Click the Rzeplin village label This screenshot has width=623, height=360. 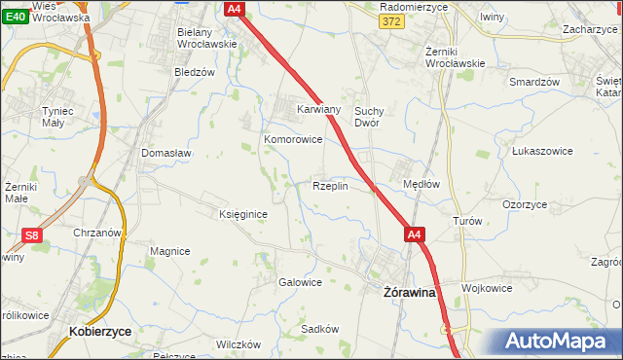click(x=330, y=185)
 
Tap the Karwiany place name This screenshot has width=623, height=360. click(x=318, y=109)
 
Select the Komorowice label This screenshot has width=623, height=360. click(x=293, y=139)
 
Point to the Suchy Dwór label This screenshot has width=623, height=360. click(x=373, y=117)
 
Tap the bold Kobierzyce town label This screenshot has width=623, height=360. click(x=100, y=331)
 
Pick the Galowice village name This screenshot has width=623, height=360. click(x=300, y=282)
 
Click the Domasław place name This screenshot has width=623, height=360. click(x=165, y=153)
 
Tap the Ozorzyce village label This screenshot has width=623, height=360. click(x=525, y=204)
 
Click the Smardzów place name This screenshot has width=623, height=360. click(x=534, y=82)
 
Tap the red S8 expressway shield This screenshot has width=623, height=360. click(x=33, y=234)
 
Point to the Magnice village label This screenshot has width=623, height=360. click(x=169, y=251)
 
